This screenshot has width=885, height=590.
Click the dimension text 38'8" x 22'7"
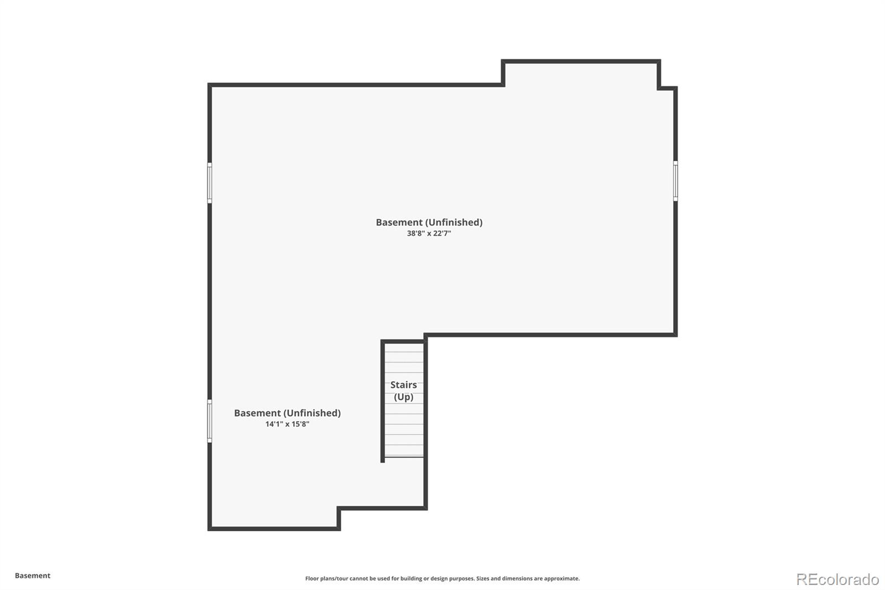[429, 234]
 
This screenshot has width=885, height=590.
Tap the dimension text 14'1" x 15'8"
[287, 425]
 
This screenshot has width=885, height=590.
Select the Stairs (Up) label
[404, 391]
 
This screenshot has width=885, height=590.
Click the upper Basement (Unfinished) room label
[429, 222]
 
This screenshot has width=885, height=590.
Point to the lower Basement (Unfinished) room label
[287, 413]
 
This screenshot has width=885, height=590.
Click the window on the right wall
[675, 180]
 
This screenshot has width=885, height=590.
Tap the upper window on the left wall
[210, 183]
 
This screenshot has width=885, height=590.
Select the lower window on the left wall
[210, 421]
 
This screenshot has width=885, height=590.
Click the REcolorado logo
[837, 579]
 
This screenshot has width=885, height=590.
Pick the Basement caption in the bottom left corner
[33, 576]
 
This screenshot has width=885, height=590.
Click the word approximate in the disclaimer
[561, 578]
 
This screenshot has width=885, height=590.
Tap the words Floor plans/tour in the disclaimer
[326, 578]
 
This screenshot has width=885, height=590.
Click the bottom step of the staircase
[404, 451]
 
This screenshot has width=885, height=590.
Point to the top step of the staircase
[404, 349]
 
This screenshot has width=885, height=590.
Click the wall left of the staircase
[383, 401]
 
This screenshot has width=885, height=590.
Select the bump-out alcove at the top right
[581, 75]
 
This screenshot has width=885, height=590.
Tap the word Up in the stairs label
[404, 397]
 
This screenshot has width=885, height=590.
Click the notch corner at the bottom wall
[339, 508]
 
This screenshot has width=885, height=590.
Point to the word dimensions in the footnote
[517, 578]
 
